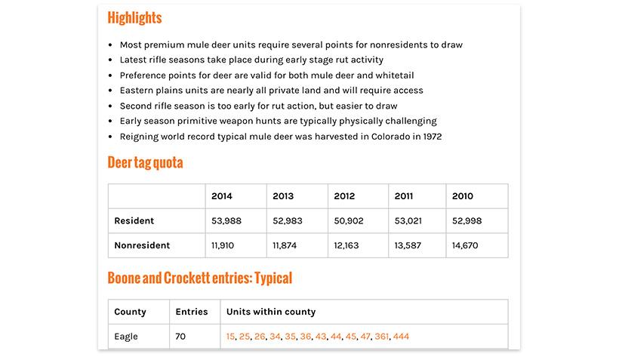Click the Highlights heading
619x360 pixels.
[134, 17]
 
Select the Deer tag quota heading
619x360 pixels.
[145, 162]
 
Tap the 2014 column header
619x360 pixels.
[222, 196]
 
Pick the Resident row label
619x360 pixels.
[134, 221]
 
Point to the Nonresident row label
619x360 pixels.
[142, 245]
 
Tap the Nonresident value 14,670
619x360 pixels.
[465, 245]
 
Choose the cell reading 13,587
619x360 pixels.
[408, 245]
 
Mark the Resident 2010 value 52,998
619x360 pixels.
[467, 221]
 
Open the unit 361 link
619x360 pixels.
[382, 337]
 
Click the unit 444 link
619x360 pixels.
[401, 337]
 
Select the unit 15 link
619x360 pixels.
[230, 337]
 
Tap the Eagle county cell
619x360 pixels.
[126, 337]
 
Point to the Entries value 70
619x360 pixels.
[180, 337]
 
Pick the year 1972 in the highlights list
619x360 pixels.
[431, 137]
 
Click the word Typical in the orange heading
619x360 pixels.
[273, 278]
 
